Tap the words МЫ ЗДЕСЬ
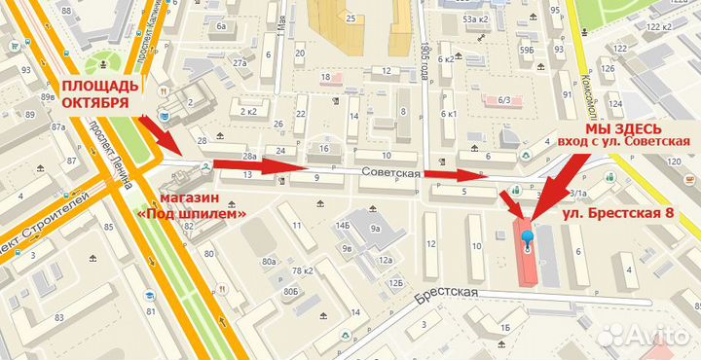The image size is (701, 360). [x=623, y=128]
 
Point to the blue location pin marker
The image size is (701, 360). [x=528, y=237]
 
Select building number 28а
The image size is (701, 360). [x=249, y=156]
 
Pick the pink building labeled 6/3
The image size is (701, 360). [x=504, y=99]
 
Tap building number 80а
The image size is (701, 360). [x=269, y=262]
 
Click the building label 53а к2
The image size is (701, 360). [x=475, y=18]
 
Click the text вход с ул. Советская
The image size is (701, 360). [x=623, y=142]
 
